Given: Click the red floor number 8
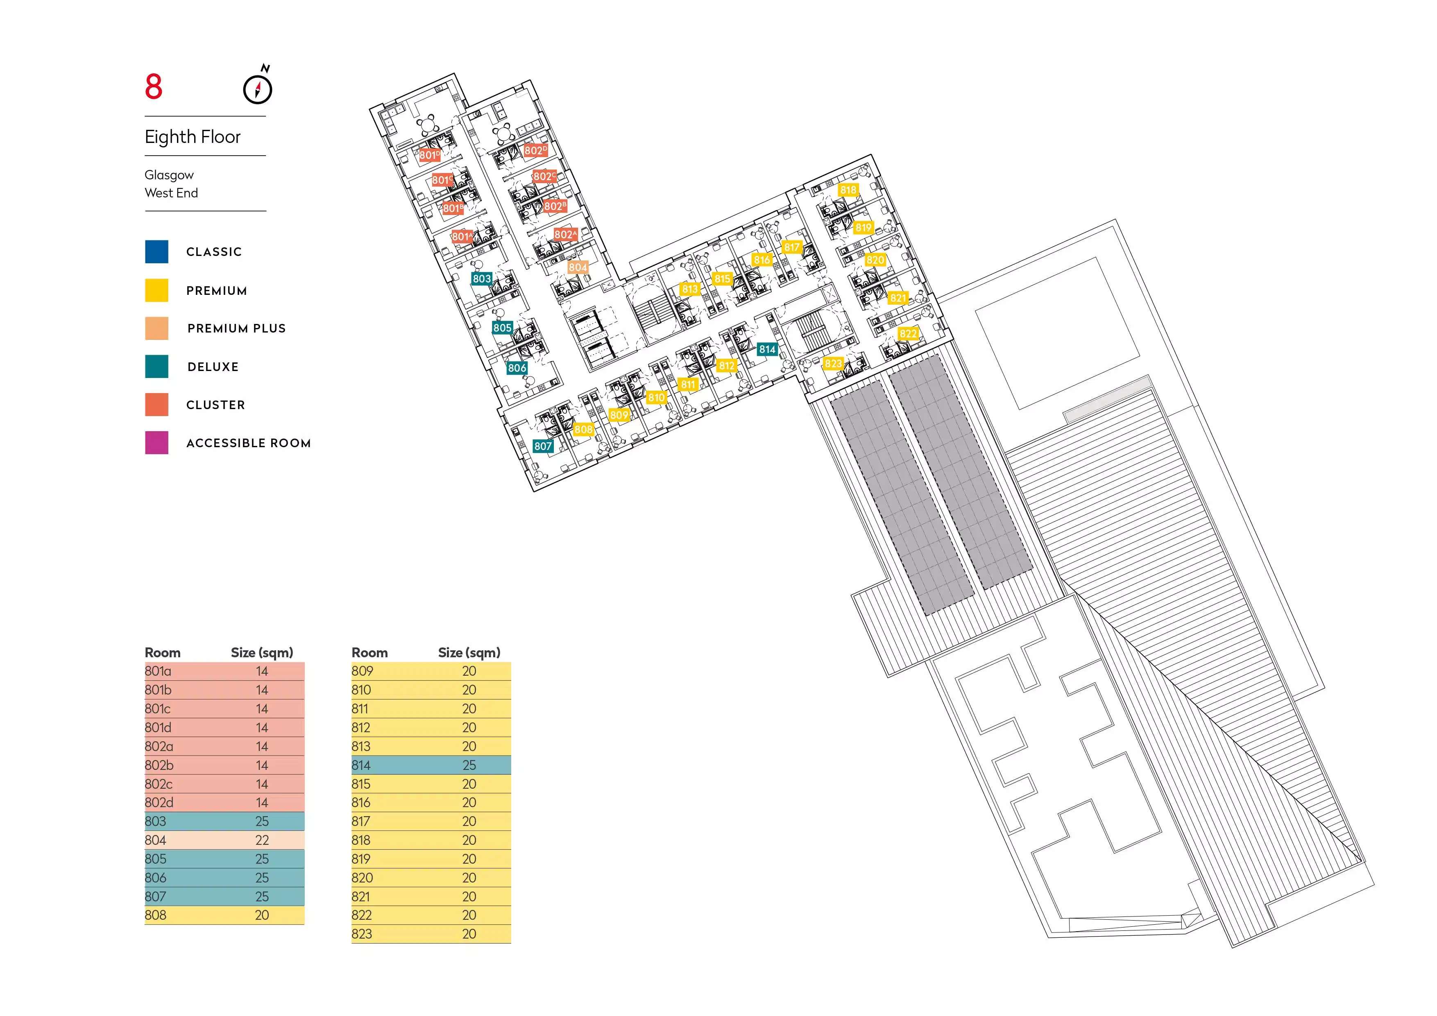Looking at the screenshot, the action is click(x=153, y=86).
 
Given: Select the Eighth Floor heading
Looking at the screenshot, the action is click(x=193, y=137).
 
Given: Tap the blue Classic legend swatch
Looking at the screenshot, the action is click(x=156, y=251).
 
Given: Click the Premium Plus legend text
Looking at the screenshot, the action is click(x=237, y=328).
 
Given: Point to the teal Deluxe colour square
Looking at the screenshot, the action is click(x=156, y=367).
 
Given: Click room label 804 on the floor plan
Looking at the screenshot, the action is click(x=578, y=267).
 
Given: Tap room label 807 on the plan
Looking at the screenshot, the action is click(x=543, y=446).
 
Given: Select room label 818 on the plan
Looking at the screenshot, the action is click(x=848, y=190).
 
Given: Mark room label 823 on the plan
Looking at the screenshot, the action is click(x=833, y=364).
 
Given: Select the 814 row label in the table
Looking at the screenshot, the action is click(x=361, y=765).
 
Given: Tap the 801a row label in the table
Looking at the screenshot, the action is click(x=158, y=671).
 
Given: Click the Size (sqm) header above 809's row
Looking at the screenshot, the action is click(x=469, y=652).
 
